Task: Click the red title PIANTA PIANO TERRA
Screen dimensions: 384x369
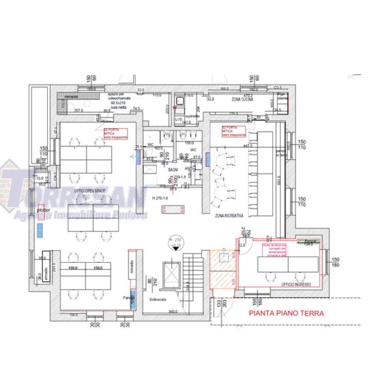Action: pyautogui.click(x=286, y=312)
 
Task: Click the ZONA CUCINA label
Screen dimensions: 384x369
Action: pyautogui.click(x=243, y=101)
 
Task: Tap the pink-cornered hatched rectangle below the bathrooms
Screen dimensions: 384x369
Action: pyautogui.click(x=173, y=208)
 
